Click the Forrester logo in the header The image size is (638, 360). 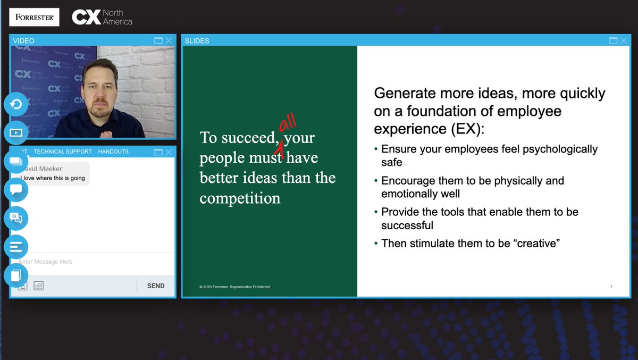click(x=34, y=17)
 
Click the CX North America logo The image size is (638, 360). click(x=102, y=18)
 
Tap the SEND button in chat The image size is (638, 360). click(x=156, y=286)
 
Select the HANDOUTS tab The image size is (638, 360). click(x=113, y=152)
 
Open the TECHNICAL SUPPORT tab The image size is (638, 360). click(x=63, y=152)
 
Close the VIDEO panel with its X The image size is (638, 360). click(x=169, y=40)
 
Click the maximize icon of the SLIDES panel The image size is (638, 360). click(x=613, y=40)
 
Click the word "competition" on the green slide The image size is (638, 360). click(x=240, y=198)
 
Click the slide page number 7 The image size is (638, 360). click(x=611, y=287)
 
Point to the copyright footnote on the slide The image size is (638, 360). click(x=236, y=287)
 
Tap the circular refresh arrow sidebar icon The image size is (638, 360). click(x=16, y=104)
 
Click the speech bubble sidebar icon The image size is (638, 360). click(x=16, y=189)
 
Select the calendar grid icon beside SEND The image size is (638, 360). click(x=38, y=286)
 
